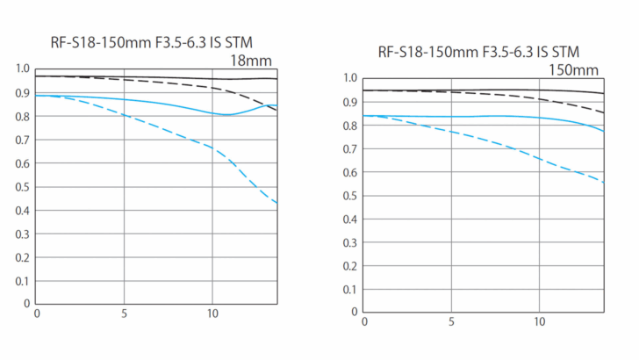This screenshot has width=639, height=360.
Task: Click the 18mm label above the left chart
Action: pyautogui.click(x=251, y=61)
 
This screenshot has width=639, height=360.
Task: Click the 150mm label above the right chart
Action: pyautogui.click(x=574, y=69)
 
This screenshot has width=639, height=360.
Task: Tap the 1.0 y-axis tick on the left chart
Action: pyautogui.click(x=23, y=69)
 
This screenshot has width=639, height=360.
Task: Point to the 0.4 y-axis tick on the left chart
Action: pyautogui.click(x=23, y=210)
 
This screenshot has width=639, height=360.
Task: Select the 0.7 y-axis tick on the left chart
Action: pyautogui.click(x=23, y=140)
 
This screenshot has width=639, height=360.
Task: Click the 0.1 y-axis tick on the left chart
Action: pyautogui.click(x=23, y=280)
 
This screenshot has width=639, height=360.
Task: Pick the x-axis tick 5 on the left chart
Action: pyautogui.click(x=124, y=313)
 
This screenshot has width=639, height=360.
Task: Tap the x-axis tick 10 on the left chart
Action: pyautogui.click(x=212, y=313)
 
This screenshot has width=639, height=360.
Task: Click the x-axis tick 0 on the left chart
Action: pyautogui.click(x=36, y=313)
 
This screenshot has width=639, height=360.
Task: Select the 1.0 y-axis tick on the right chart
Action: pyautogui.click(x=350, y=78)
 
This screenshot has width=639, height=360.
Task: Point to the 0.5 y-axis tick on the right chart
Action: pyautogui.click(x=350, y=194)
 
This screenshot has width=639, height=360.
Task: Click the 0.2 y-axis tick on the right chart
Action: pyautogui.click(x=350, y=264)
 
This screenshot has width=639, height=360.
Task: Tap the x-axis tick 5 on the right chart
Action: pyautogui.click(x=451, y=321)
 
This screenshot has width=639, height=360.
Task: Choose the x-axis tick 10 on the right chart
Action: pyautogui.click(x=540, y=321)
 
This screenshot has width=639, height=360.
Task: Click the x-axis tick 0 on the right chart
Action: pyautogui.click(x=363, y=321)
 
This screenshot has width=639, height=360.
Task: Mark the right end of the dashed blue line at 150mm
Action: pyautogui.click(x=604, y=182)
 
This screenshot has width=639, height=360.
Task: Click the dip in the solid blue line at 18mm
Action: pyautogui.click(x=226, y=115)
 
